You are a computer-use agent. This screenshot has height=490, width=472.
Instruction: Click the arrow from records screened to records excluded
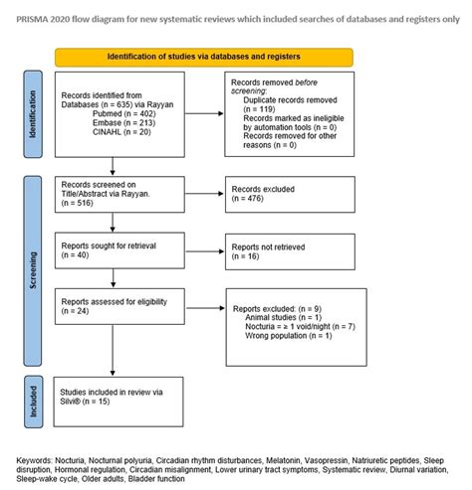pos(203,195)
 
